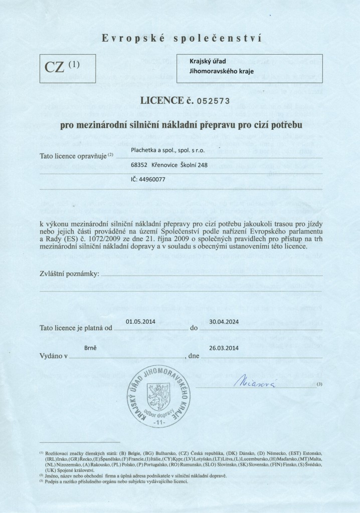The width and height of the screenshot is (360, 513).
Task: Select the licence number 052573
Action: pyautogui.click(x=212, y=100)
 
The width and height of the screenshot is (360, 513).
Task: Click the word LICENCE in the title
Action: pyautogui.click(x=161, y=100)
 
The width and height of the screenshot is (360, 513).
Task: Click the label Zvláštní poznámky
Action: pyautogui.click(x=69, y=274)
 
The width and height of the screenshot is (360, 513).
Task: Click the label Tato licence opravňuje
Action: pyautogui.click(x=74, y=156)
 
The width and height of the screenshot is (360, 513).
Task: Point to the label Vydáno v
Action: pyautogui.click(x=53, y=357)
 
